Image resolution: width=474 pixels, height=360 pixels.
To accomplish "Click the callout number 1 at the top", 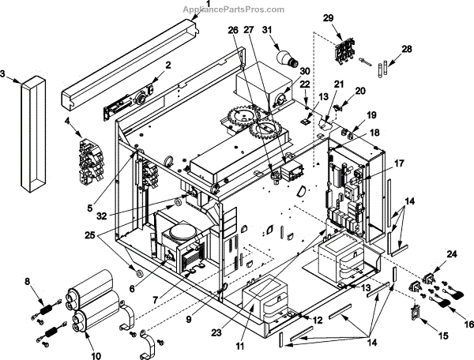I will [208, 4].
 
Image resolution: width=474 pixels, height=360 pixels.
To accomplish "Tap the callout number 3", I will [4, 74].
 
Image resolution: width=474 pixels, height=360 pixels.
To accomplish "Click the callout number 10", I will [96, 356].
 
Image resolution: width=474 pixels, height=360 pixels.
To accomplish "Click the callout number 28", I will [407, 49].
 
